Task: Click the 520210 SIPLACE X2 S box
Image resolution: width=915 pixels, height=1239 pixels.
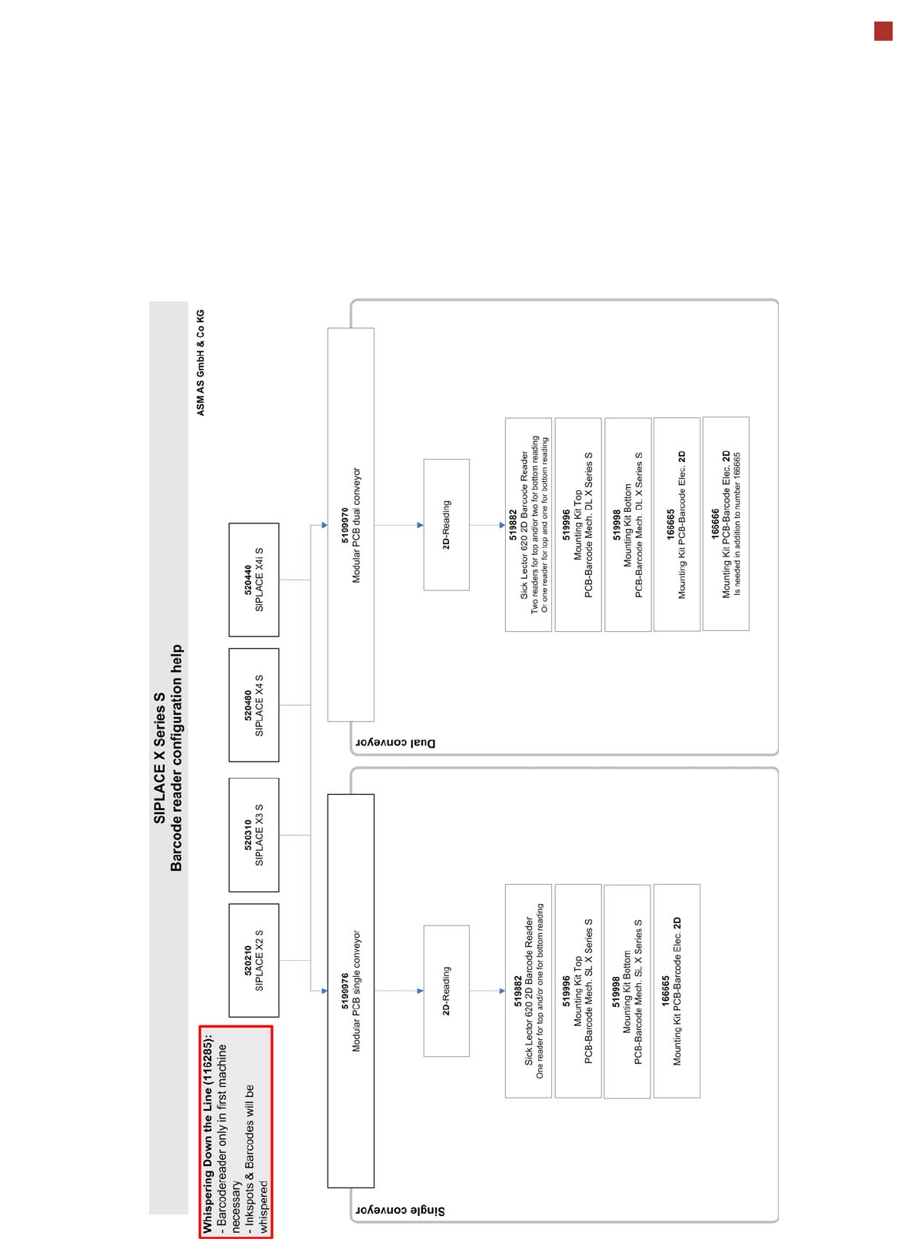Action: tap(254, 960)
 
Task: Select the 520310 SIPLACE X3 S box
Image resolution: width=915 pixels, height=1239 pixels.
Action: tap(254, 835)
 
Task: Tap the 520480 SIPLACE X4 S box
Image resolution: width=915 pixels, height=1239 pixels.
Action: tap(254, 705)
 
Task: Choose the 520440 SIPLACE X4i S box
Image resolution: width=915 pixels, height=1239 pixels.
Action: tap(254, 580)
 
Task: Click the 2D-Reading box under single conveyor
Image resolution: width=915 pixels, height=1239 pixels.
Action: tap(446, 991)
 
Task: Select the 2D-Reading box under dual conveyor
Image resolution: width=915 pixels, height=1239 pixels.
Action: tap(446, 525)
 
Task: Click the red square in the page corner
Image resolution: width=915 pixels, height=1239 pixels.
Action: tap(883, 32)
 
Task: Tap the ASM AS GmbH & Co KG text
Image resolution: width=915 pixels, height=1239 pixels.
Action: tap(201, 363)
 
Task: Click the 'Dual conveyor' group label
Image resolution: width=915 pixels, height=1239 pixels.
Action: tap(395, 742)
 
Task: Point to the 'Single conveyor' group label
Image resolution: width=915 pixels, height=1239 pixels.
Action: tap(400, 1211)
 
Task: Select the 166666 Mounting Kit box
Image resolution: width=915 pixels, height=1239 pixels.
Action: tap(726, 523)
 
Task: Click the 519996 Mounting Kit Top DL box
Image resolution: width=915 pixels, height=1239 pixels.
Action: tap(578, 525)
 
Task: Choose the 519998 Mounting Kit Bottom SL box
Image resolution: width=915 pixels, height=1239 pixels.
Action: tap(627, 991)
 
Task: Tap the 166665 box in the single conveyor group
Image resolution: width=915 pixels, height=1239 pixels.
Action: tap(677, 991)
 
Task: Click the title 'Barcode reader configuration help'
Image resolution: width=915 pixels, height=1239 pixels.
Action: tap(177, 758)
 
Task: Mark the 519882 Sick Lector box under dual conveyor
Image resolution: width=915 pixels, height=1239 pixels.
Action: tap(528, 525)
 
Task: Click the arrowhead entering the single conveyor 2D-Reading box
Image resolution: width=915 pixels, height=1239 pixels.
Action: tap(420, 991)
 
